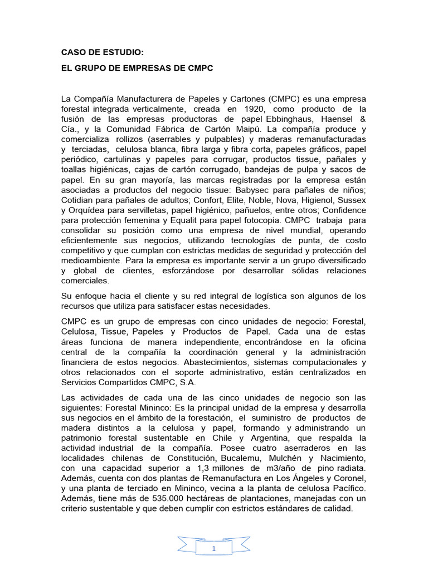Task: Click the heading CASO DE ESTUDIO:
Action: [102, 53]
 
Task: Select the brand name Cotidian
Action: [79, 200]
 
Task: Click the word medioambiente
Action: [91, 261]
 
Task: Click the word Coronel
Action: [349, 478]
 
